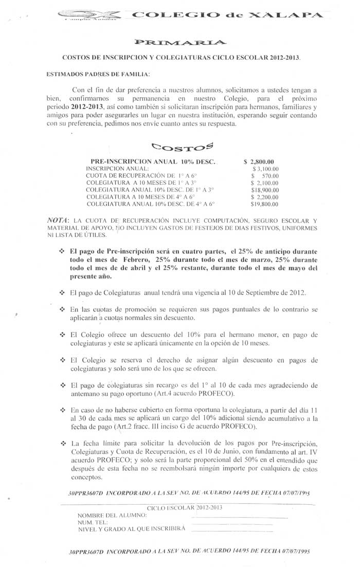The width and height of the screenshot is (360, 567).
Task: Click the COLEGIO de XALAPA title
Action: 227,15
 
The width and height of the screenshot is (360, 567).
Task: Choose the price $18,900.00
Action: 264,190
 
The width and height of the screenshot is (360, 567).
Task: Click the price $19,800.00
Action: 264,204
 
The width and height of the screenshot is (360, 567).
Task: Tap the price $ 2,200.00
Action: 264,197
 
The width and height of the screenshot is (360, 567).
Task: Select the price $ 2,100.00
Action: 264,183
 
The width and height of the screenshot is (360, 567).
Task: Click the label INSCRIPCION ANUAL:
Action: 118,168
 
